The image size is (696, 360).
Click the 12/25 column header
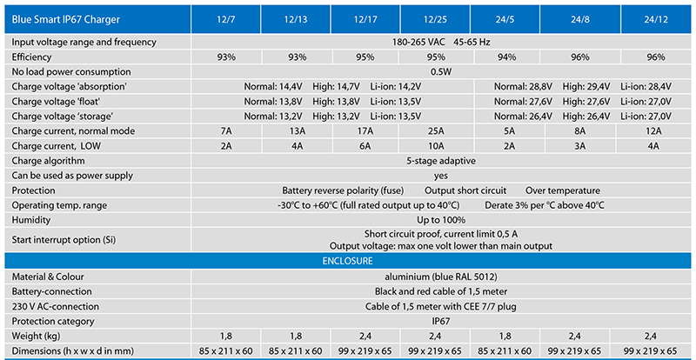click(436, 19)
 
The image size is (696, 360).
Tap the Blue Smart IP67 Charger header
click(66, 19)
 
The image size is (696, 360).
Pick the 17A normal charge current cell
click(365, 131)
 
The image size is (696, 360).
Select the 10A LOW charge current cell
click(436, 146)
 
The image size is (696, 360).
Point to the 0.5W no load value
click(441, 72)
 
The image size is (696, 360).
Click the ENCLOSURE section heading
click(347, 261)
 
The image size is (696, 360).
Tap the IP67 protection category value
click(441, 322)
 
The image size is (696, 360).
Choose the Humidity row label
click(31, 220)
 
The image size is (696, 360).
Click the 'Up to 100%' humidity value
click(441, 220)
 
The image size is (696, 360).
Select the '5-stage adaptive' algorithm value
click(441, 161)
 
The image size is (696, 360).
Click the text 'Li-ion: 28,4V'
click(646, 87)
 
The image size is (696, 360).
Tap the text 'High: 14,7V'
click(336, 87)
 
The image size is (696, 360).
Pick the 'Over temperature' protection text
click(563, 190)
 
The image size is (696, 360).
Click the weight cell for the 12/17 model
click(365, 336)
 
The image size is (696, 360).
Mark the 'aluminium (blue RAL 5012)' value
click(441, 277)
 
